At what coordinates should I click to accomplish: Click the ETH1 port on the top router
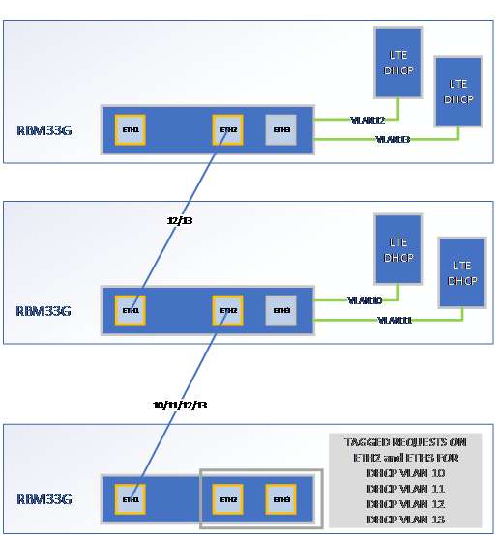[x=131, y=129]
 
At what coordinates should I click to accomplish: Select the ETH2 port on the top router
[x=228, y=129]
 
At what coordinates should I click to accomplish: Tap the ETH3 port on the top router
[x=281, y=129]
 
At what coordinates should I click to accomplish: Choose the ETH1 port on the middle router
[x=131, y=310]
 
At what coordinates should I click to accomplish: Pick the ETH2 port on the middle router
[x=228, y=310]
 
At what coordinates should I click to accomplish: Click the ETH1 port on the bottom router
[x=131, y=499]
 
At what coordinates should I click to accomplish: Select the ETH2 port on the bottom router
[x=228, y=499]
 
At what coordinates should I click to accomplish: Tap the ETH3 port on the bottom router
[x=281, y=499]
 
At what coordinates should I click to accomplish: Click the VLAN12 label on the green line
[x=367, y=121]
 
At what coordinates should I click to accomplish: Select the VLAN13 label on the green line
[x=393, y=140]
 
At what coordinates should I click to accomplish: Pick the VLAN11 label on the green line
[x=394, y=320]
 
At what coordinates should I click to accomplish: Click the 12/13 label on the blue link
[x=180, y=220]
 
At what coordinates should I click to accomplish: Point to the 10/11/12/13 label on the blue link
[x=179, y=405]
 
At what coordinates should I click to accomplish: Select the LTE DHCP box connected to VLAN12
[x=398, y=62]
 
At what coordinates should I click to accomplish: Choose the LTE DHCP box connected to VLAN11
[x=462, y=271]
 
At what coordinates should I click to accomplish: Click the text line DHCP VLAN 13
[x=404, y=519]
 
